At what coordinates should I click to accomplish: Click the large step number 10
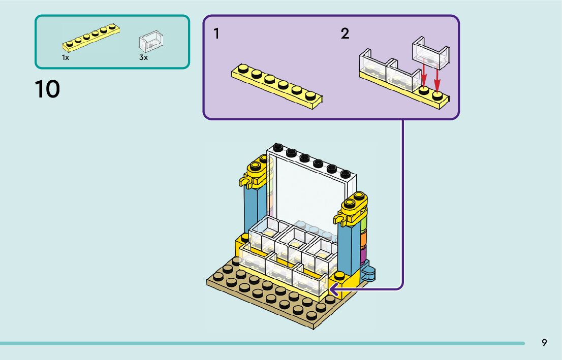coord(47,89)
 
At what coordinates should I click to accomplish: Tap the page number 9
coord(544,343)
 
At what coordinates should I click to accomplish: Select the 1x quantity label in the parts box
coord(66,58)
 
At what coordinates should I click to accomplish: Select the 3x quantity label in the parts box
coord(143,58)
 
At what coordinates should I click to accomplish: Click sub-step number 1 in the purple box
coord(217,34)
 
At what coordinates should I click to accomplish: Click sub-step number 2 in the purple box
coord(345,34)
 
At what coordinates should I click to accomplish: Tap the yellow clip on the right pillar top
coord(341,219)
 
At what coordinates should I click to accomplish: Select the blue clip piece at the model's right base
coord(368,273)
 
